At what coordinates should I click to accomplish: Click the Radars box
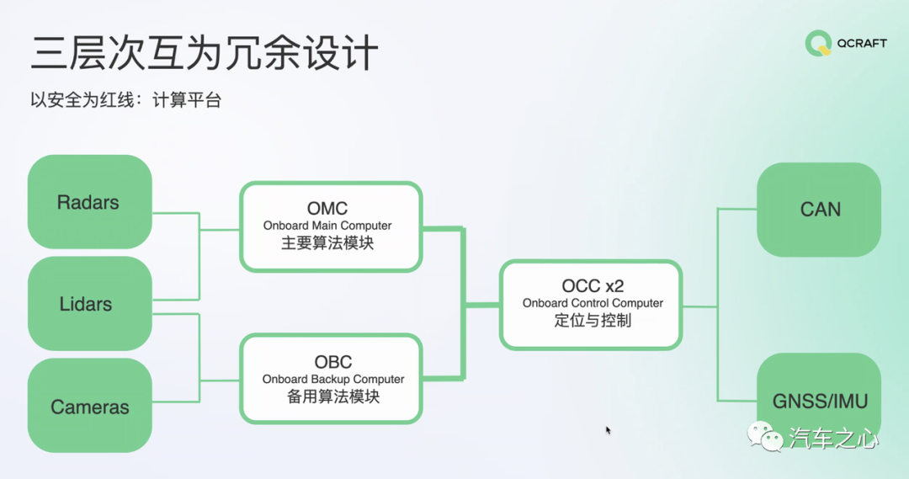pos(89,202)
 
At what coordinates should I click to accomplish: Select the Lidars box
pos(89,304)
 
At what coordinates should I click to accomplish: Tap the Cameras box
pos(89,407)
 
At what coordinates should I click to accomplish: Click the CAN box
pos(819,210)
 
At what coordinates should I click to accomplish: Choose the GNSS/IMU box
pos(819,401)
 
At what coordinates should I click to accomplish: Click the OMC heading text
pos(327,208)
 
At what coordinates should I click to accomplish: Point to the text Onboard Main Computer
pos(327,226)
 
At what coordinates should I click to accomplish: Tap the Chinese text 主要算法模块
pos(327,244)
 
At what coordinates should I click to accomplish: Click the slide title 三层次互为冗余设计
pos(205,53)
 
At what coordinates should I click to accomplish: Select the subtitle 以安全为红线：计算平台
pos(125,101)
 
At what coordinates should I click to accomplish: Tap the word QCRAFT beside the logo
pos(860,44)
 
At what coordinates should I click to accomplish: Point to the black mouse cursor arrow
pos(608,430)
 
